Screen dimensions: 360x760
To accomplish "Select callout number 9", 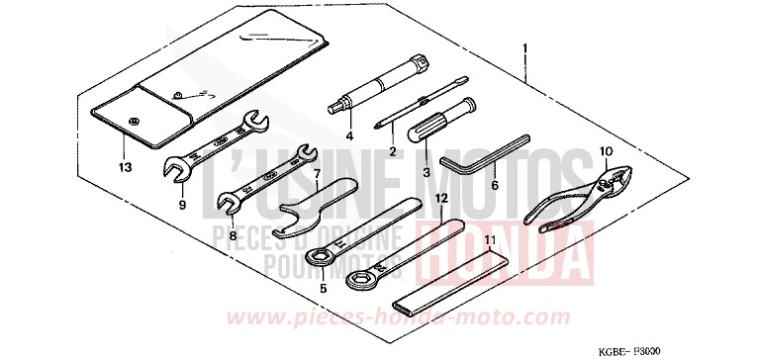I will click(x=182, y=205).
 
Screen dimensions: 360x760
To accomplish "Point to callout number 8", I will click(x=232, y=235).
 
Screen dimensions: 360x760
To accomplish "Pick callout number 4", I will click(x=349, y=135).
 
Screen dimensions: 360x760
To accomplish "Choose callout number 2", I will click(x=393, y=151).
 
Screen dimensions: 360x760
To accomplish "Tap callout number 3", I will click(x=427, y=172).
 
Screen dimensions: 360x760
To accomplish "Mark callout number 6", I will click(x=495, y=184).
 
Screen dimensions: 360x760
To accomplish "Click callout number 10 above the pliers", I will click(x=606, y=150).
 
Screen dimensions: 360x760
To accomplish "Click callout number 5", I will click(x=322, y=289).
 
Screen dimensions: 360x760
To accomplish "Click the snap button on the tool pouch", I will click(x=134, y=120).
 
